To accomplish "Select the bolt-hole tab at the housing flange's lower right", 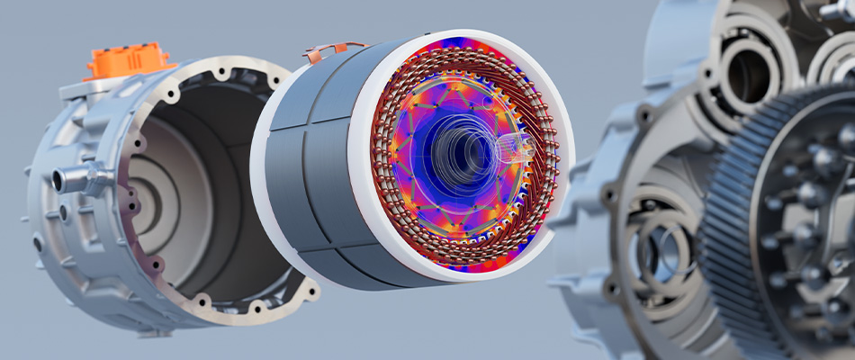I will (310, 290).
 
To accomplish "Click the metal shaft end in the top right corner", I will (837, 11).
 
